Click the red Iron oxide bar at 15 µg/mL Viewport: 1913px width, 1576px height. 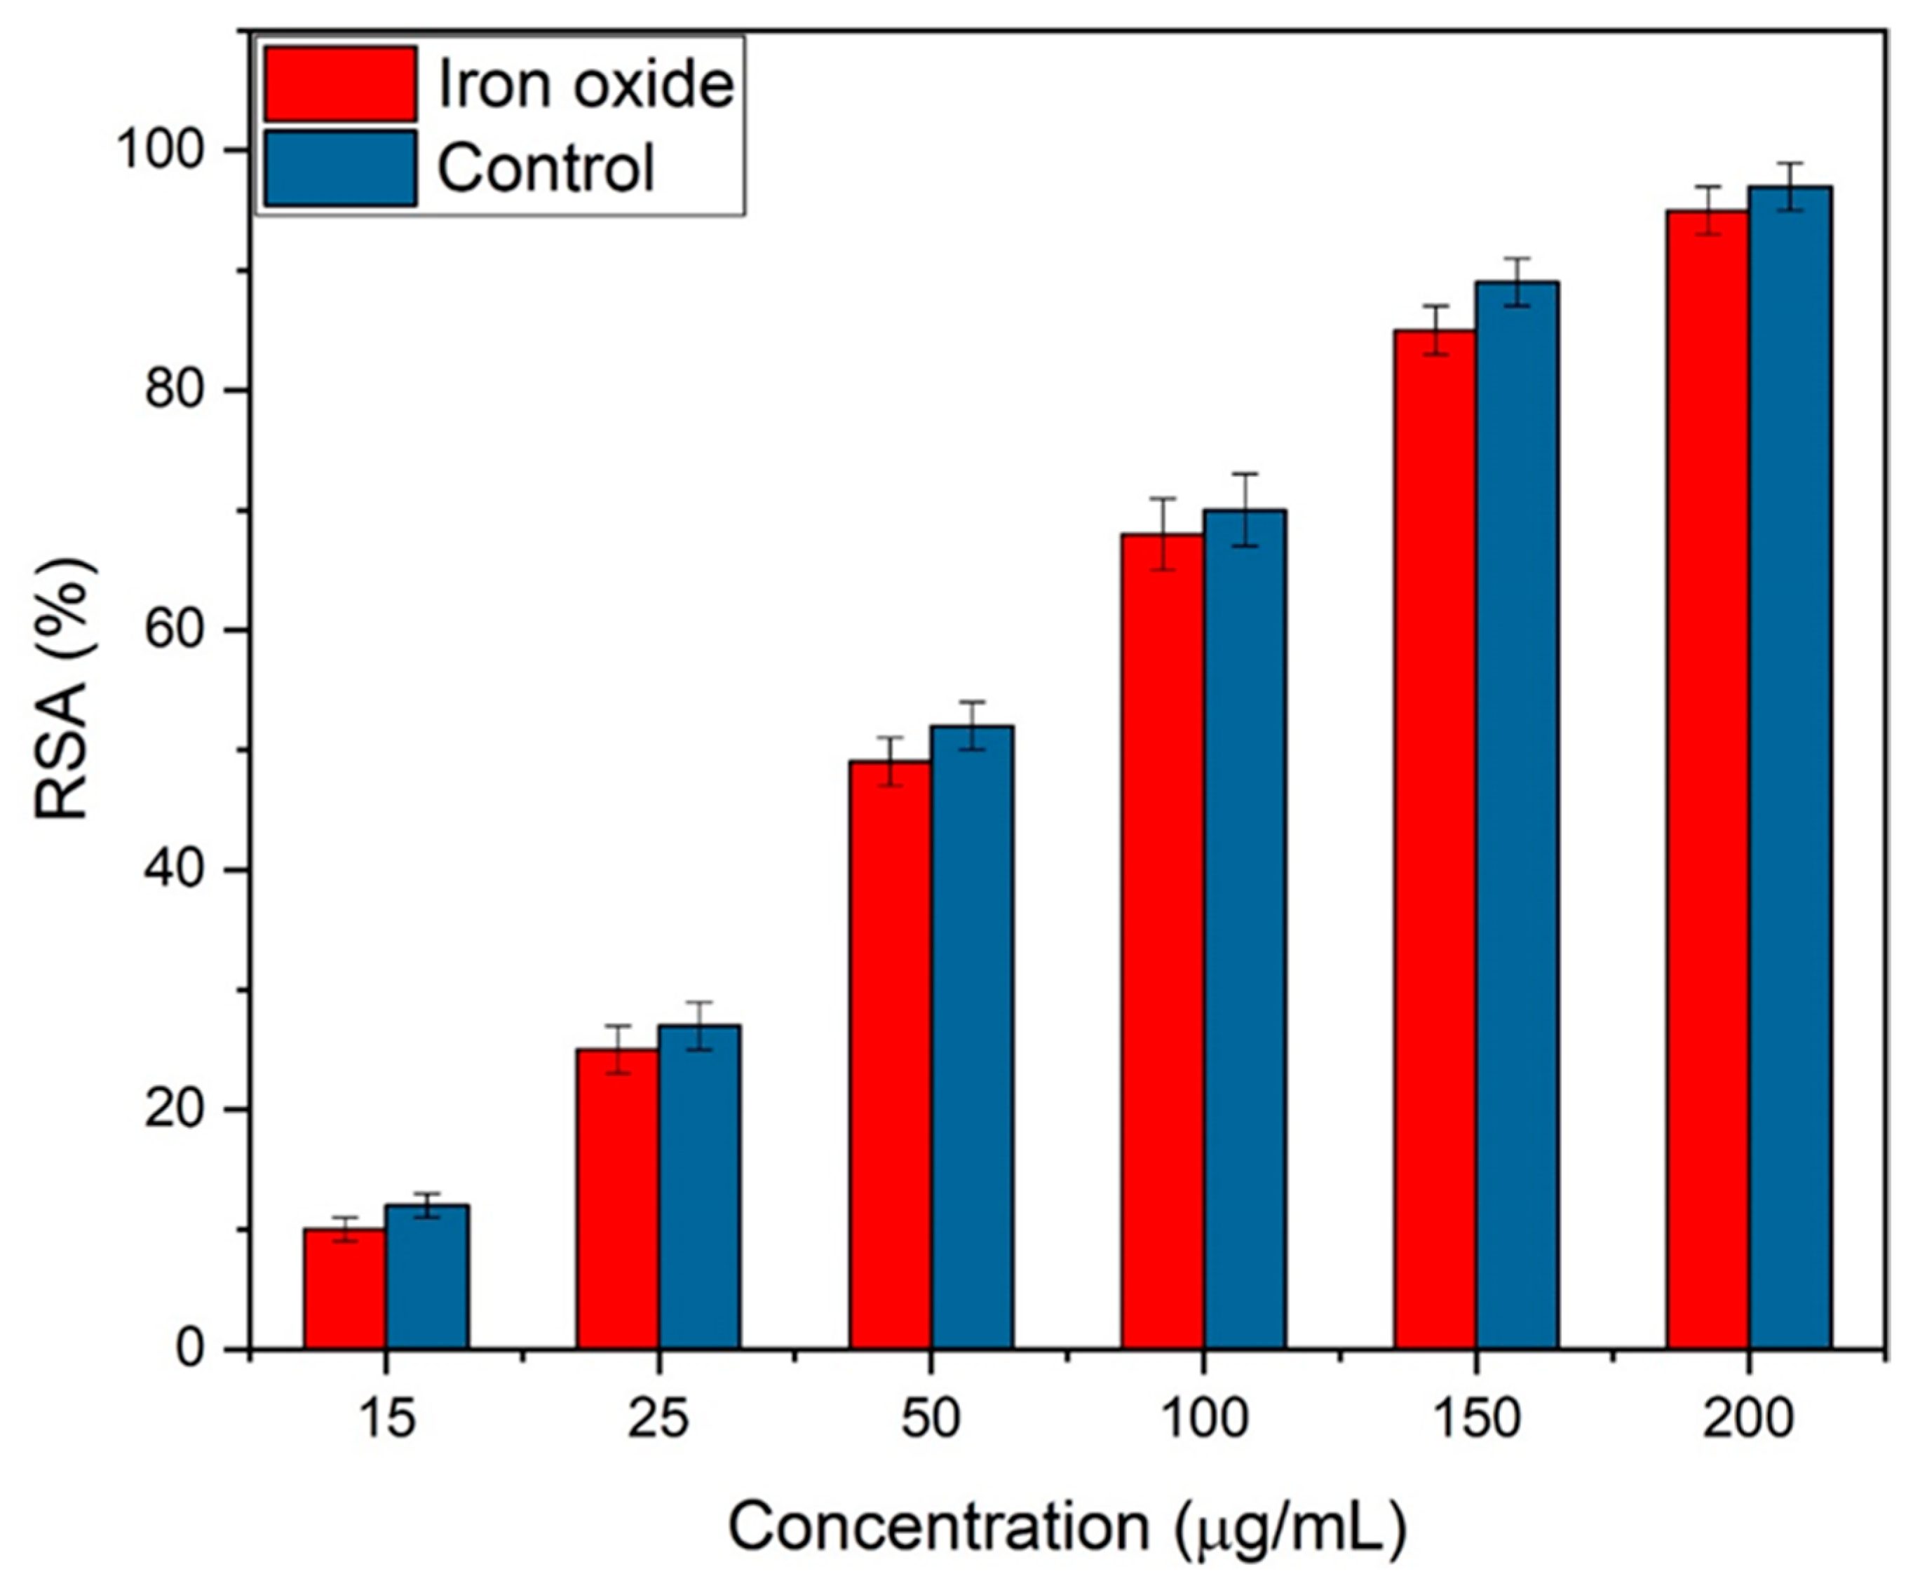click(344, 1289)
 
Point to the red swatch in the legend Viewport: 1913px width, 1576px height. click(341, 84)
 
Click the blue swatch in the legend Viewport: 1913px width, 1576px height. click(341, 168)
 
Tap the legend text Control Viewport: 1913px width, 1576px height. click(546, 168)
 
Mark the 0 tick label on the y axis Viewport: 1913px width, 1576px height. click(191, 1349)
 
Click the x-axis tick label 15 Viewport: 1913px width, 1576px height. click(387, 1418)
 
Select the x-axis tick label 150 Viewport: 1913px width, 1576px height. click(1476, 1418)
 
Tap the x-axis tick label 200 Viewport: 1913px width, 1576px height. click(1749, 1418)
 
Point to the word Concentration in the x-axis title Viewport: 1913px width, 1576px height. click(940, 1526)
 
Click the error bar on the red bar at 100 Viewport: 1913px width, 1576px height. click(1163, 534)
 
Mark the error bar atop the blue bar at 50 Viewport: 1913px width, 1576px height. click(973, 726)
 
